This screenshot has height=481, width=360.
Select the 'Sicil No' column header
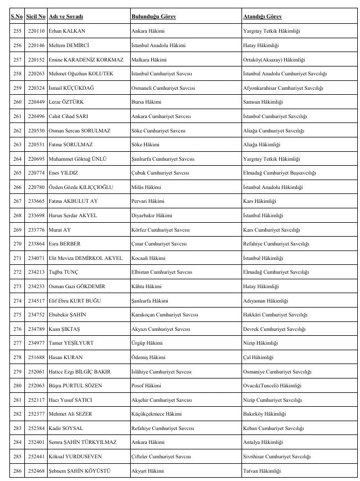tap(35, 17)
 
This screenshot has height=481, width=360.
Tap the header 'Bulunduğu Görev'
tap(153, 17)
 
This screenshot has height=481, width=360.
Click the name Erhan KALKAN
tap(63, 30)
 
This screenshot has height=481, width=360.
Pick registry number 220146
tap(35, 45)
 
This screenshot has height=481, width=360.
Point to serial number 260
tap(17, 102)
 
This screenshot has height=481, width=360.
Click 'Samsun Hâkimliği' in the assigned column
tap(263, 102)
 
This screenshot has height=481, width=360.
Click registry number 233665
tap(35, 201)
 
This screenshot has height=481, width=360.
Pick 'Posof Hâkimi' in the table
tap(146, 386)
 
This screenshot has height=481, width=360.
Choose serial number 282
tap(17, 414)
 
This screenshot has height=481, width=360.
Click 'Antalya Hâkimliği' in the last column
tap(263, 442)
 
